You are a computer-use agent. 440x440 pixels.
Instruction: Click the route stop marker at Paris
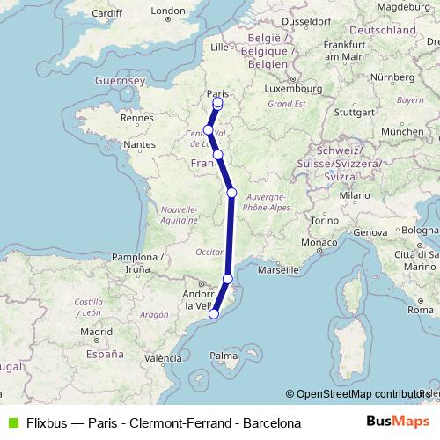217,102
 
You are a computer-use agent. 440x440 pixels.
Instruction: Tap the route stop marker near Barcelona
213,312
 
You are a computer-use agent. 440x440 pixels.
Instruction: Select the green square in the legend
11,422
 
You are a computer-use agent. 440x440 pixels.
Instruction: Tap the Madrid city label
95,332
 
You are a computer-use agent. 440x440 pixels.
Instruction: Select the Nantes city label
140,143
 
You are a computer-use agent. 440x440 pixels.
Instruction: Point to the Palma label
224,356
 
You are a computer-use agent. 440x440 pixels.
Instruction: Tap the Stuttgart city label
355,112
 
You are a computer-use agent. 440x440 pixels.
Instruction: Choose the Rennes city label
136,117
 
